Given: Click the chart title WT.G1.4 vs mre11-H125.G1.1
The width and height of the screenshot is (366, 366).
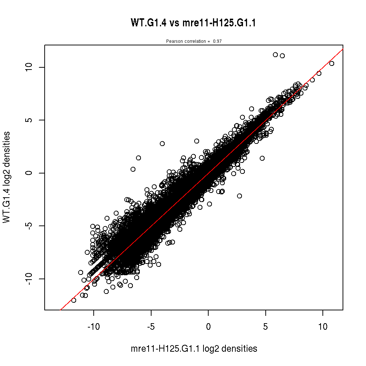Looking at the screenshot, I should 193,23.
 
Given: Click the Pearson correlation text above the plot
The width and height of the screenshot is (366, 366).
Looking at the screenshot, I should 194,41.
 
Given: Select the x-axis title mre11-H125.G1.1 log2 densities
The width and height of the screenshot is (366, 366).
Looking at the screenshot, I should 194,349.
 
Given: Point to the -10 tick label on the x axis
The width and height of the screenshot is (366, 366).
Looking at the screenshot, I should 94,326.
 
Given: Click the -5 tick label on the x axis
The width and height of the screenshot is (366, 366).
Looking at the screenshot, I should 151,326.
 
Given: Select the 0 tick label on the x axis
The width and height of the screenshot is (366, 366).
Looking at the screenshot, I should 208,326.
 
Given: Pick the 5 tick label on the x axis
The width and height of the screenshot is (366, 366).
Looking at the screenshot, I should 266,326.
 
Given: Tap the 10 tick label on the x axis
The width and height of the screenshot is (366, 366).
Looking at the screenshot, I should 323,326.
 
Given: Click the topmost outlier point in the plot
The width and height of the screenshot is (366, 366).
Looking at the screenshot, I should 275,55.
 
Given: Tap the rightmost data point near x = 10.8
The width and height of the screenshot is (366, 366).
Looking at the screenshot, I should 332,63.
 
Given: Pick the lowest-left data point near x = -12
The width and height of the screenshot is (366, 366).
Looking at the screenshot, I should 74,300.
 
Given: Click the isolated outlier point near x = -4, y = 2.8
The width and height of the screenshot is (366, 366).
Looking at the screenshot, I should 162,143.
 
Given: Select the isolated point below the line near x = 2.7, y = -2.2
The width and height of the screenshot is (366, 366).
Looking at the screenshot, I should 239,196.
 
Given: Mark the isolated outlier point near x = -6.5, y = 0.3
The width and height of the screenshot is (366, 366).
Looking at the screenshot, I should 133,169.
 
